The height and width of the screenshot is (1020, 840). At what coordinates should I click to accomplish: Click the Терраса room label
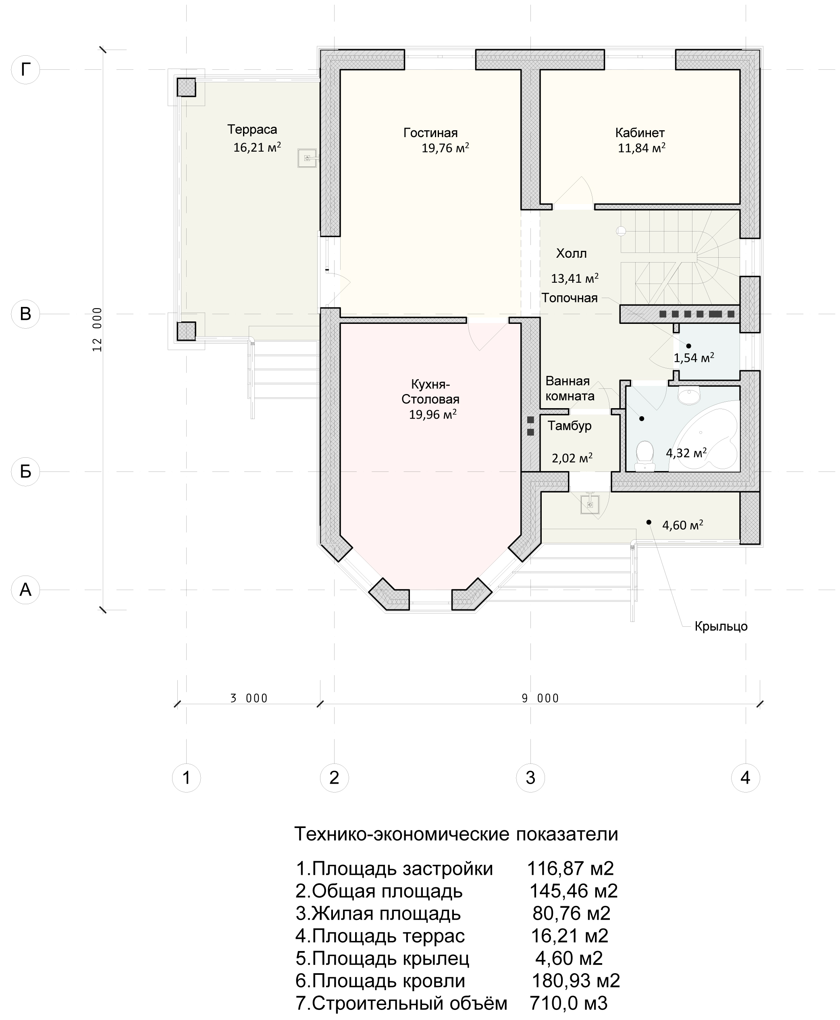point(252,130)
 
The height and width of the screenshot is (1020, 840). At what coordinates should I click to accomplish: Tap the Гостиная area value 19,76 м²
point(445,148)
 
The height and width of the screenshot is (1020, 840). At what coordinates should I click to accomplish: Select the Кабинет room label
point(640,133)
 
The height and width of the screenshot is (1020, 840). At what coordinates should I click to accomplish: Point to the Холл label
point(572,253)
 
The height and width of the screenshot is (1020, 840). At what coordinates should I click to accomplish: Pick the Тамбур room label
point(570,426)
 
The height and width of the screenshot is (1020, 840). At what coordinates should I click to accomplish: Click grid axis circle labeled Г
point(25,70)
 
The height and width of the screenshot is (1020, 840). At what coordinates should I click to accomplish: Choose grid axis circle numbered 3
point(530,778)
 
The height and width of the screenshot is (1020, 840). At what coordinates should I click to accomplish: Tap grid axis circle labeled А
point(25,590)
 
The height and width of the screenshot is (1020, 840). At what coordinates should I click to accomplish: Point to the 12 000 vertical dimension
point(97,329)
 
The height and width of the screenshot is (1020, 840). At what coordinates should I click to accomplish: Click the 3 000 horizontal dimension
point(249,698)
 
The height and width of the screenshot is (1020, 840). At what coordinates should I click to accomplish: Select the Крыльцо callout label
point(721,626)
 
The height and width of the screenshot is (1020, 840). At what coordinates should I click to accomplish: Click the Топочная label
point(570,298)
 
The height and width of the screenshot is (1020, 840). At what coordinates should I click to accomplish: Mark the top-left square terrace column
point(186,88)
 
